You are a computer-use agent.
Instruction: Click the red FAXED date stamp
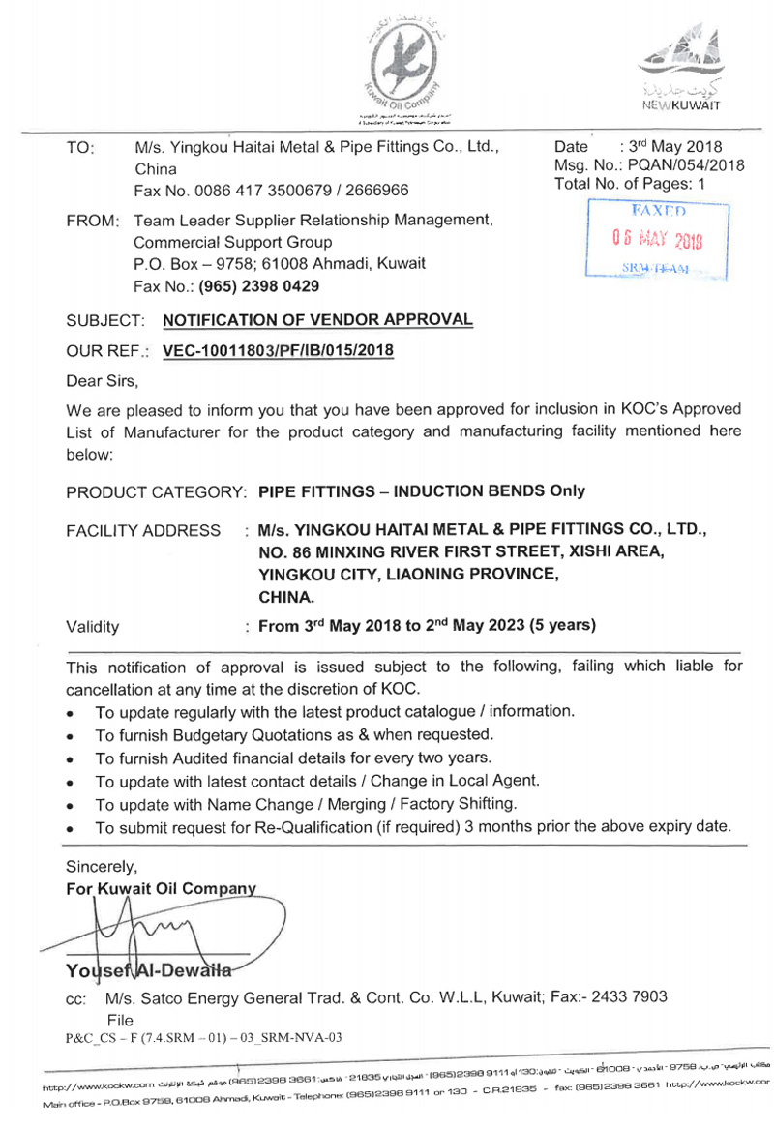click(x=654, y=240)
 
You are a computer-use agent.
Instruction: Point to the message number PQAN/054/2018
click(x=684, y=164)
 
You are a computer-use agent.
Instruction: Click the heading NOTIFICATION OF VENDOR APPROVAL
click(x=318, y=319)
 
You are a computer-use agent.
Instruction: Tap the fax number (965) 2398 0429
click(x=259, y=286)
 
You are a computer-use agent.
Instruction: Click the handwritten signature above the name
click(x=145, y=935)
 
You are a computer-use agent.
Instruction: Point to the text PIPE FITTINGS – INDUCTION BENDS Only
click(x=422, y=490)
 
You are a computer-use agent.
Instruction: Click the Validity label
click(x=93, y=626)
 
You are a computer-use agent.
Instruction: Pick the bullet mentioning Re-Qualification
click(x=413, y=827)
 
